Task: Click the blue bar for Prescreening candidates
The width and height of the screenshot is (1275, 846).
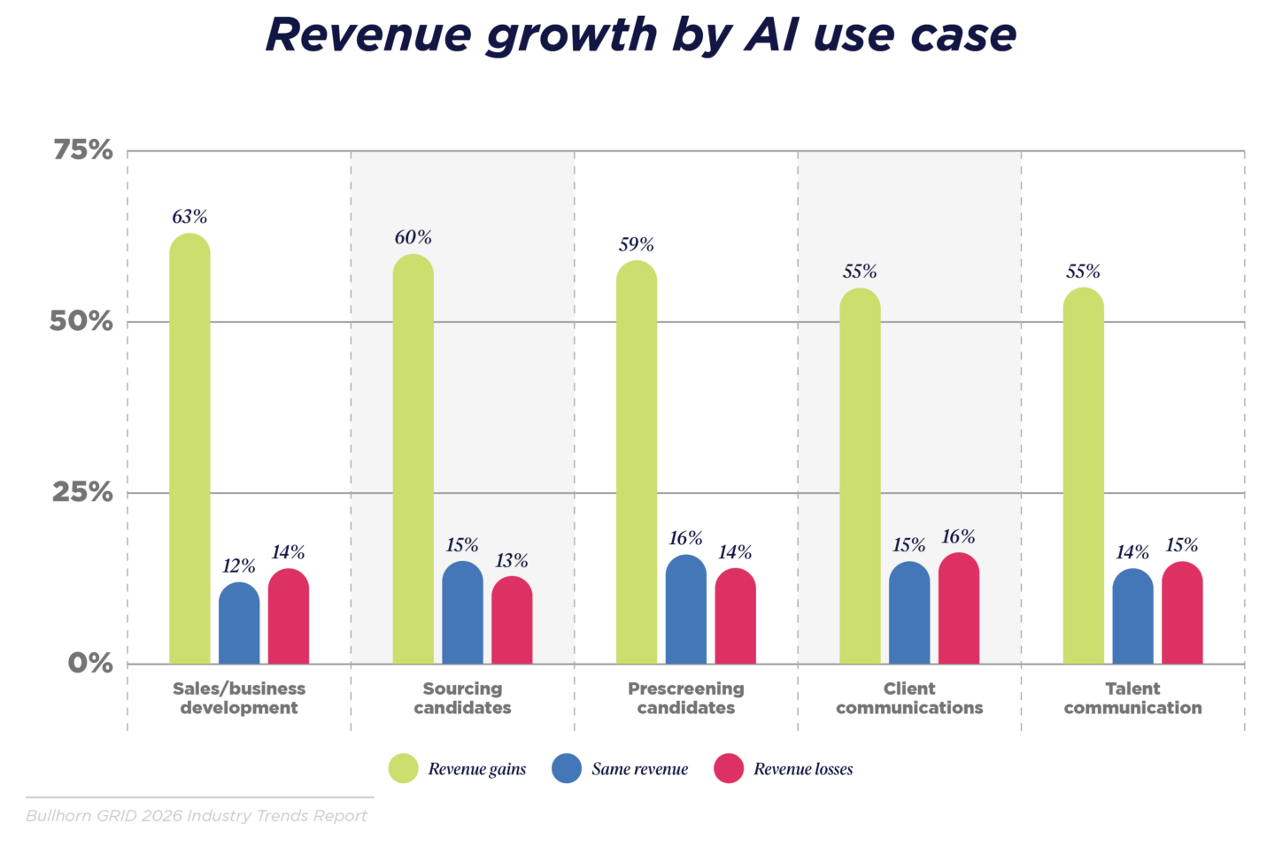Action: (686, 610)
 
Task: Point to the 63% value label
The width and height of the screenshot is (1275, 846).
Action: (189, 217)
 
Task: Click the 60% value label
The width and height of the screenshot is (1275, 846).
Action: (413, 237)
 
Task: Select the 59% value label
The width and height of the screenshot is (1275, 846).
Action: (637, 244)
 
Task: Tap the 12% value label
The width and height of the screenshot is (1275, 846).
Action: (239, 565)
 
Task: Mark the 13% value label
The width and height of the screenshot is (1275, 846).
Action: (512, 560)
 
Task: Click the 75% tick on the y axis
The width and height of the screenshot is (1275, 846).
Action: (83, 150)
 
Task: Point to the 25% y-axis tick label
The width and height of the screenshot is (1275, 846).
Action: (83, 492)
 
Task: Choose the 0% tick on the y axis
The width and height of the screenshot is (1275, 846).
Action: (90, 663)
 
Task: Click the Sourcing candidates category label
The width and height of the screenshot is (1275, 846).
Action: (462, 698)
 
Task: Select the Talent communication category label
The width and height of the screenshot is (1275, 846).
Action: (1132, 698)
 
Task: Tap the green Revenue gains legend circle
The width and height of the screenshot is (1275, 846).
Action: (404, 768)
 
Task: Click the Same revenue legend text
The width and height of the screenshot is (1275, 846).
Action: (639, 769)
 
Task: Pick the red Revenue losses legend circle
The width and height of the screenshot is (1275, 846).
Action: (729, 768)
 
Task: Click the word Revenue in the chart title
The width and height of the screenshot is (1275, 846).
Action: (368, 35)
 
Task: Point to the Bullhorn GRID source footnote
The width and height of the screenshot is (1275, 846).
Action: (197, 815)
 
